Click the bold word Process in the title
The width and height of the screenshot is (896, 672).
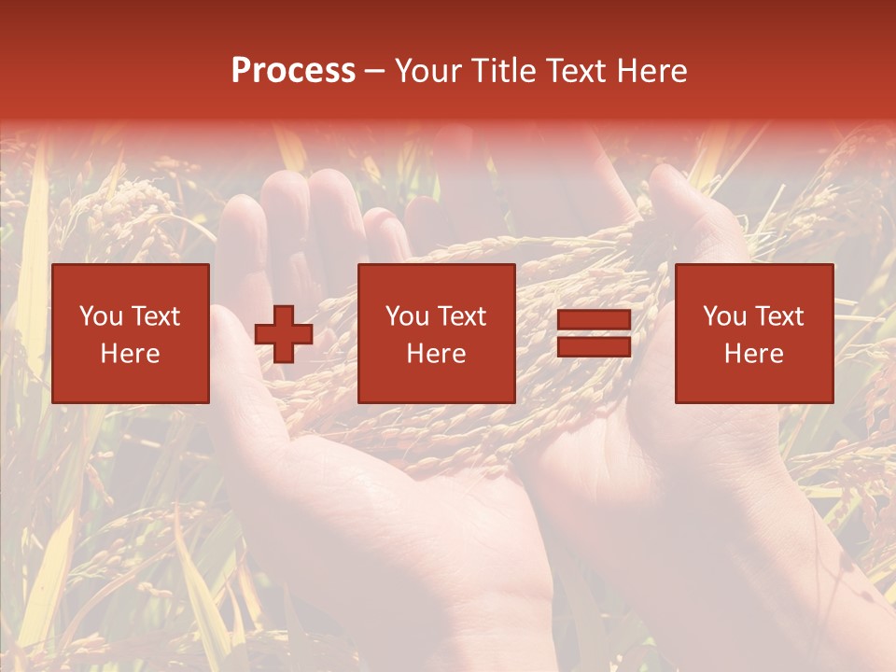[293, 71]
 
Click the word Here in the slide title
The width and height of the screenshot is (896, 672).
[653, 71]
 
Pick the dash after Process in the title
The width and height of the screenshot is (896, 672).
[375, 72]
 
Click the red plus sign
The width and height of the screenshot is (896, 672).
[284, 334]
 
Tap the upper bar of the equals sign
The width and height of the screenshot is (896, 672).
[594, 320]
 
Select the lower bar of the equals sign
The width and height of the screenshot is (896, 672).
[594, 347]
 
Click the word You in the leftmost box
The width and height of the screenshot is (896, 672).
[101, 316]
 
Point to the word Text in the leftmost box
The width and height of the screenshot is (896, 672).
[155, 316]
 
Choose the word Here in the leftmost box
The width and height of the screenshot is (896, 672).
[130, 354]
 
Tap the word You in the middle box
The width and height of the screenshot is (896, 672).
[407, 316]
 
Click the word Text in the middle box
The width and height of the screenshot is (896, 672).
[461, 316]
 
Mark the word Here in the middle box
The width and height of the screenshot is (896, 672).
[436, 354]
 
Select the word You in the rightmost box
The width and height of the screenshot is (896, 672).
[724, 316]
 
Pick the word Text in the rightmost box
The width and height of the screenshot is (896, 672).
[778, 316]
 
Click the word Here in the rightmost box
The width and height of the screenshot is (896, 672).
[753, 354]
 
